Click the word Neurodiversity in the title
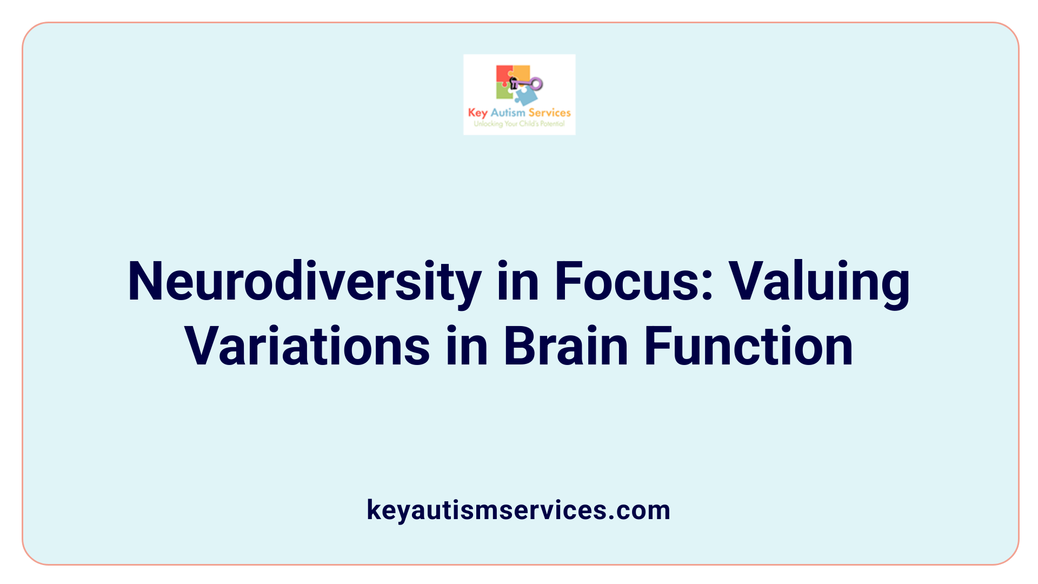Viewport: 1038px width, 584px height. [304, 282]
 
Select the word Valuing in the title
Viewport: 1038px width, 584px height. [820, 282]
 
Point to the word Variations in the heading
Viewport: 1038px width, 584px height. [307, 346]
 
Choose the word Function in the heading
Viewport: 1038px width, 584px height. [749, 346]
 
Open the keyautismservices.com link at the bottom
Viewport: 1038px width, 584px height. [518, 510]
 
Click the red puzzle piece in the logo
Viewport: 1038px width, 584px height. [503, 74]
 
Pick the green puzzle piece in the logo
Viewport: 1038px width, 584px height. [504, 92]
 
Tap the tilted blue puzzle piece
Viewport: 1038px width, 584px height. [525, 96]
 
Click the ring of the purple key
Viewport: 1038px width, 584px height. [536, 83]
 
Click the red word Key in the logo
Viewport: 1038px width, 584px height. [477, 113]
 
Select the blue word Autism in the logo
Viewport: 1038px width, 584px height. [508, 112]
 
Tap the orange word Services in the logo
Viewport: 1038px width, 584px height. [549, 112]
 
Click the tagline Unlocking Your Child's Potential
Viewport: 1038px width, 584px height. [519, 124]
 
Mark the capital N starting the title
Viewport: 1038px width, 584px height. [143, 281]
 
